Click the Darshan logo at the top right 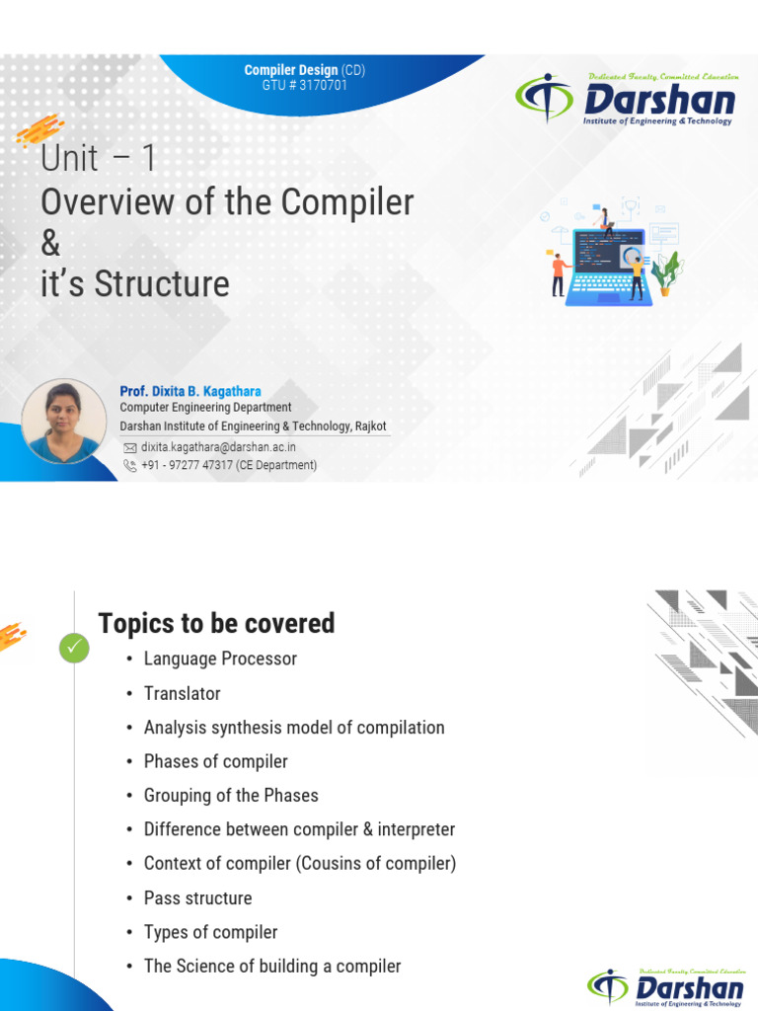click(626, 99)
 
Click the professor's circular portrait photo click(63, 422)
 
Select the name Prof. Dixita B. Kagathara click(190, 391)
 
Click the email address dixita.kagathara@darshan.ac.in click(218, 447)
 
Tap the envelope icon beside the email click(129, 447)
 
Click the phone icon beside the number click(129, 465)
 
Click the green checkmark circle click(74, 649)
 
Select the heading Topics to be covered click(216, 623)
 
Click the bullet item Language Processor click(220, 659)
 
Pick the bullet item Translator click(182, 693)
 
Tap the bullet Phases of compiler click(215, 761)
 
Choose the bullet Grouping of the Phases click(231, 796)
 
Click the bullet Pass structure click(197, 898)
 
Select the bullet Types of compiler click(210, 932)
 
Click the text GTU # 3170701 click(305, 85)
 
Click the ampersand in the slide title click(50, 244)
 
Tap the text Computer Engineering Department click(205, 408)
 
